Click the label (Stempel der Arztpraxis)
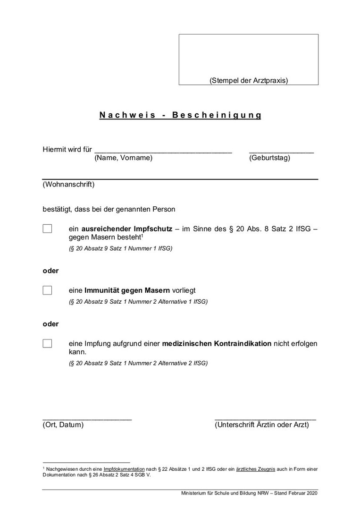pyautogui.click(x=249, y=80)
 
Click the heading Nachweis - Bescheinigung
pyautogui.click(x=180, y=115)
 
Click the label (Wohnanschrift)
pyautogui.click(x=68, y=184)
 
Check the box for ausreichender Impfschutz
pyautogui.click(x=47, y=229)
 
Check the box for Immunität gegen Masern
pyautogui.click(x=47, y=290)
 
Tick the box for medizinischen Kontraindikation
pyautogui.click(x=47, y=344)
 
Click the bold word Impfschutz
pyautogui.click(x=153, y=229)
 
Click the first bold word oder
pyautogui.click(x=50, y=271)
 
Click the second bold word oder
pyautogui.click(x=50, y=324)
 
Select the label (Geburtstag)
pyautogui.click(x=269, y=158)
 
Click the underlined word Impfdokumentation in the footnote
pyautogui.click(x=124, y=469)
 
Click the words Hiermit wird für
pyautogui.click(x=67, y=150)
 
